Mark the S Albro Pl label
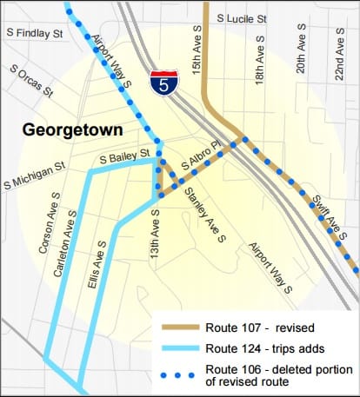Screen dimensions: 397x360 [x=201, y=156]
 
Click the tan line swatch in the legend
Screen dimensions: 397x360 [x=180, y=328]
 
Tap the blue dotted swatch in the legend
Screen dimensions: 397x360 [x=180, y=373]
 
